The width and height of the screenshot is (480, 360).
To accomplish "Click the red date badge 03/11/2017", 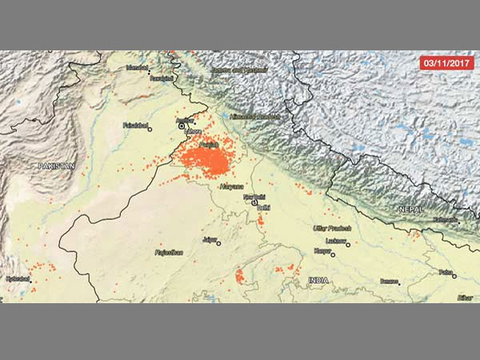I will (446, 62).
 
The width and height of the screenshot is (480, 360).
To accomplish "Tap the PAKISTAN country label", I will (56, 166).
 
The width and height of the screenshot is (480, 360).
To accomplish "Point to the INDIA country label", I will (318, 280).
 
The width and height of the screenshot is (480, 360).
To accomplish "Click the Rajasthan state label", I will (169, 252).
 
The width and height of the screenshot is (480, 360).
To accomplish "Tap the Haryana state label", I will (232, 186).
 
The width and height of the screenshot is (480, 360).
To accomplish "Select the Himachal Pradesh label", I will (256, 116).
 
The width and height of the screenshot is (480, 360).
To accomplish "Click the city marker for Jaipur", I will (218, 243).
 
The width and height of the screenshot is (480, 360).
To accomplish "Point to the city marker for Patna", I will (454, 276).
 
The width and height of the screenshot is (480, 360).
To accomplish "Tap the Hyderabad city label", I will (18, 278).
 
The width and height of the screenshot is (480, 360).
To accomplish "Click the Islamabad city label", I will (137, 68).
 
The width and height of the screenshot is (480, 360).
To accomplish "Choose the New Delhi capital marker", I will (254, 202).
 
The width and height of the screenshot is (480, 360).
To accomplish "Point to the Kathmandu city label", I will (445, 220).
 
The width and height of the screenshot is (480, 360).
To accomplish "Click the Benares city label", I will (389, 281).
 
